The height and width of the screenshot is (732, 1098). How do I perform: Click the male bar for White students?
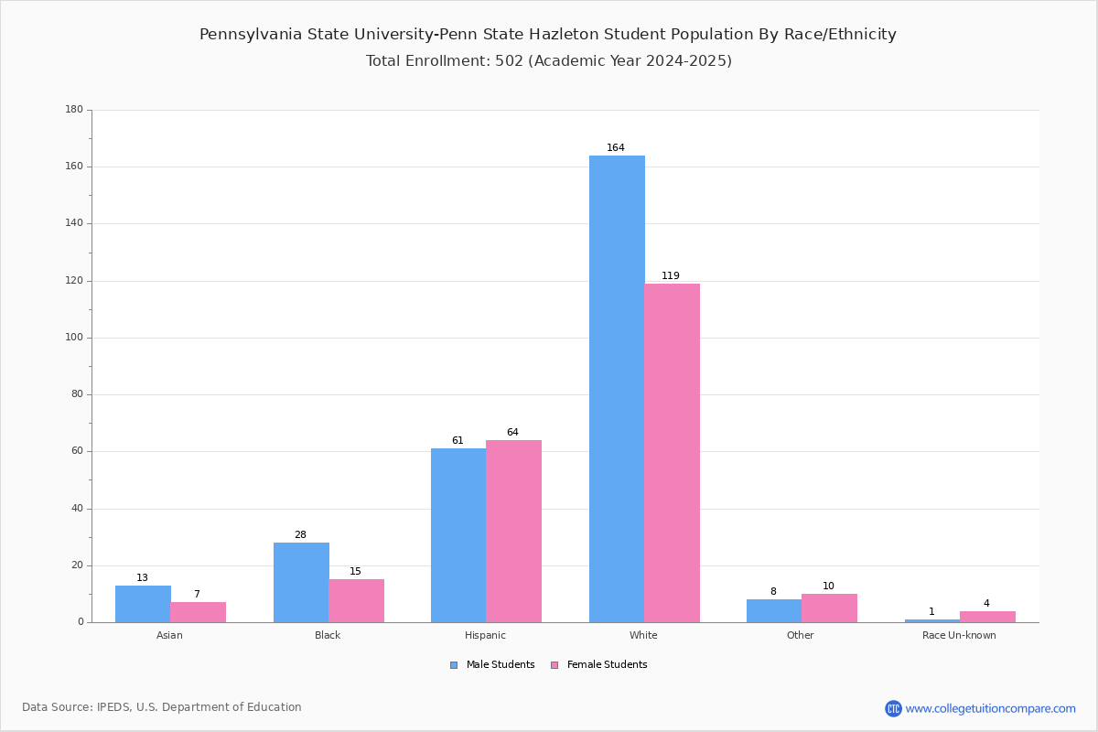click(x=617, y=389)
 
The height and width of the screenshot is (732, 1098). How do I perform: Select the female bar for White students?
click(x=672, y=453)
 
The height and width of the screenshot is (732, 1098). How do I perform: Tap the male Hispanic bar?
click(x=458, y=535)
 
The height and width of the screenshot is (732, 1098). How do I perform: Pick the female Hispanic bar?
click(x=513, y=531)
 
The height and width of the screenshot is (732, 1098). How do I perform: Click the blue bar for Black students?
click(x=301, y=582)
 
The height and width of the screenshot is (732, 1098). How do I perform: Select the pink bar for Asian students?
click(x=198, y=612)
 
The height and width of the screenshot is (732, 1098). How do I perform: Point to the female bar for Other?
click(x=829, y=608)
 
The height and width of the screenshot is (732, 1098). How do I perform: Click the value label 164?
click(x=616, y=148)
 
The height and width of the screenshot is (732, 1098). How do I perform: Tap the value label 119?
click(x=671, y=276)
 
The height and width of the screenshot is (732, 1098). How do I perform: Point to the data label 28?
click(x=300, y=535)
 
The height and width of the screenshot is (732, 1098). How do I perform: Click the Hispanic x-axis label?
click(x=485, y=636)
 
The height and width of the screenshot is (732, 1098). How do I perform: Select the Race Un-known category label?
click(x=959, y=636)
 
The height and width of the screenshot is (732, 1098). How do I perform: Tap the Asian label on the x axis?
click(x=169, y=636)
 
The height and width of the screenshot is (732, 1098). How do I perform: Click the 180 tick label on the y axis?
click(x=74, y=110)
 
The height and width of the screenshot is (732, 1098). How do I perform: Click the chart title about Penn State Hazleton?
click(x=548, y=35)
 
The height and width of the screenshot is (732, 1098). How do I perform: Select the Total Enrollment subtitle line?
click(x=548, y=61)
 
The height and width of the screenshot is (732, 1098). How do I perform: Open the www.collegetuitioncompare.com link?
click(x=990, y=708)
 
